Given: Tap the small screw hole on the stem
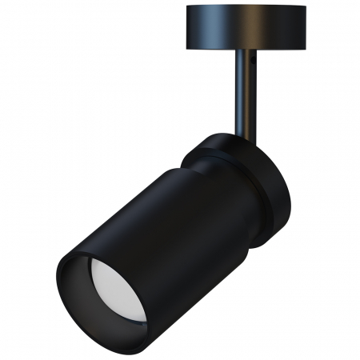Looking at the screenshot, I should pyautogui.click(x=250, y=59).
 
